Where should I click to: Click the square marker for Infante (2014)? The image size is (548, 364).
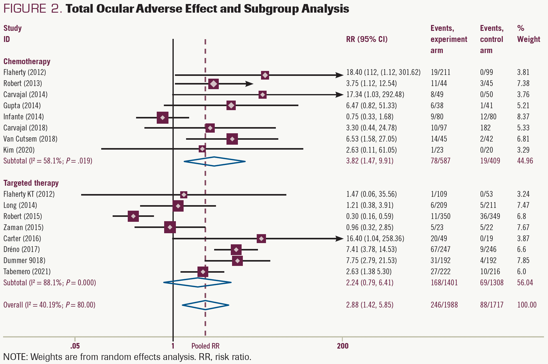[x=163, y=118]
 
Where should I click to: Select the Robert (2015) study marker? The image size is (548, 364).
[x=133, y=216]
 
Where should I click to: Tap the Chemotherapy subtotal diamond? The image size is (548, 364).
[x=214, y=161]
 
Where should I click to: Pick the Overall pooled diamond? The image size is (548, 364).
[x=205, y=305]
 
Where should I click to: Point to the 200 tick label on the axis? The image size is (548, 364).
[x=342, y=346]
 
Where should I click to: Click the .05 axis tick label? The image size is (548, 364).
[x=75, y=346]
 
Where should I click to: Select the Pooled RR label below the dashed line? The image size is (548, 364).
[x=205, y=346]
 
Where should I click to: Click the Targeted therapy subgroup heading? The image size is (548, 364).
[x=31, y=183]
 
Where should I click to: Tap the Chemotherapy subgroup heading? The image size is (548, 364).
[x=27, y=61]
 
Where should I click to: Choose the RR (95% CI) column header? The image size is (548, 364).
[x=367, y=39]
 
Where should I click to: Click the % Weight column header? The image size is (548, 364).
[x=528, y=34]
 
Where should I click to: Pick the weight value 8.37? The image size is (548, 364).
[x=523, y=117]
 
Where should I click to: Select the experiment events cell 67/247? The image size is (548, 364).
[x=441, y=249]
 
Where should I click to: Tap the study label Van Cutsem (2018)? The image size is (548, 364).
[x=30, y=139]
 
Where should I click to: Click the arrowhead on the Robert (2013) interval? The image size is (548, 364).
[x=250, y=84]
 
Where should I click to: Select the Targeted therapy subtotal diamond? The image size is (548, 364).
[x=197, y=282]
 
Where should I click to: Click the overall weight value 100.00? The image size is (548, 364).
[x=527, y=305]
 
